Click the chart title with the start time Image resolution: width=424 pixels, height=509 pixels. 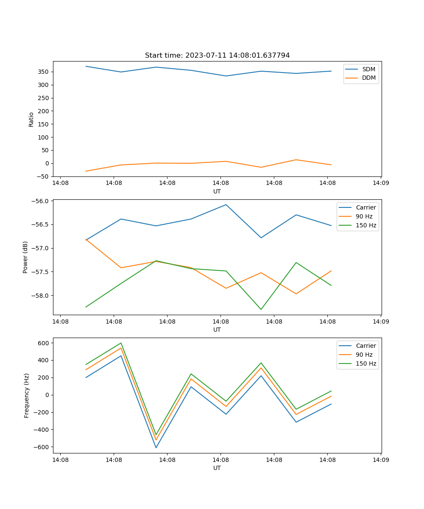point(217,56)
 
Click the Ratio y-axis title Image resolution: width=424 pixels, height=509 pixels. point(31,119)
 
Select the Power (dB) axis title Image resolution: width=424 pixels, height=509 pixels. point(25,257)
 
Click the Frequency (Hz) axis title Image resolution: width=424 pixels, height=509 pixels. point(26,395)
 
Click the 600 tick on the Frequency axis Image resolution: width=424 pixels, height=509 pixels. point(44,343)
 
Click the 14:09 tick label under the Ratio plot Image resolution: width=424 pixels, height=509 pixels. point(380,183)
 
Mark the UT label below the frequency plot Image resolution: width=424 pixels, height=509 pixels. point(217,468)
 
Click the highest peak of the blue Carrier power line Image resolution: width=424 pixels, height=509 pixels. point(226,204)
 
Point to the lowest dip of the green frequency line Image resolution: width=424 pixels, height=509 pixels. point(156,435)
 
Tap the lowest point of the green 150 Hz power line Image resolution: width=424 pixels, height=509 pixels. point(261,309)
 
